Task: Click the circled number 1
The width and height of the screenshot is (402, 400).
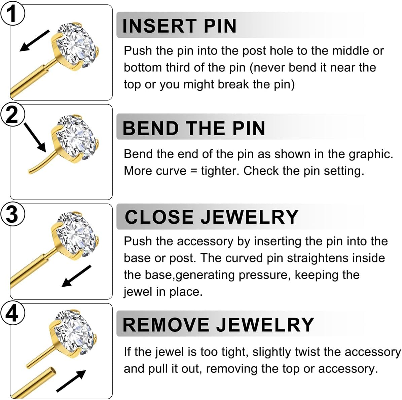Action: point(12,14)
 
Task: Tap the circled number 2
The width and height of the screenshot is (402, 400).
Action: point(12,114)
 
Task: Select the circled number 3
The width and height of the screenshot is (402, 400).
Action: point(12,214)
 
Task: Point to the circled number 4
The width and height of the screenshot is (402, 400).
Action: point(12,314)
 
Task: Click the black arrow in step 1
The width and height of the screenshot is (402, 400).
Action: point(34,41)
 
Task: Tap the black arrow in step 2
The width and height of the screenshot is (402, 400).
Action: point(35,138)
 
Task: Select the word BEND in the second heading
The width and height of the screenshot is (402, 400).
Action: point(151,128)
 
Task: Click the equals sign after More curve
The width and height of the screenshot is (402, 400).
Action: point(193,171)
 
